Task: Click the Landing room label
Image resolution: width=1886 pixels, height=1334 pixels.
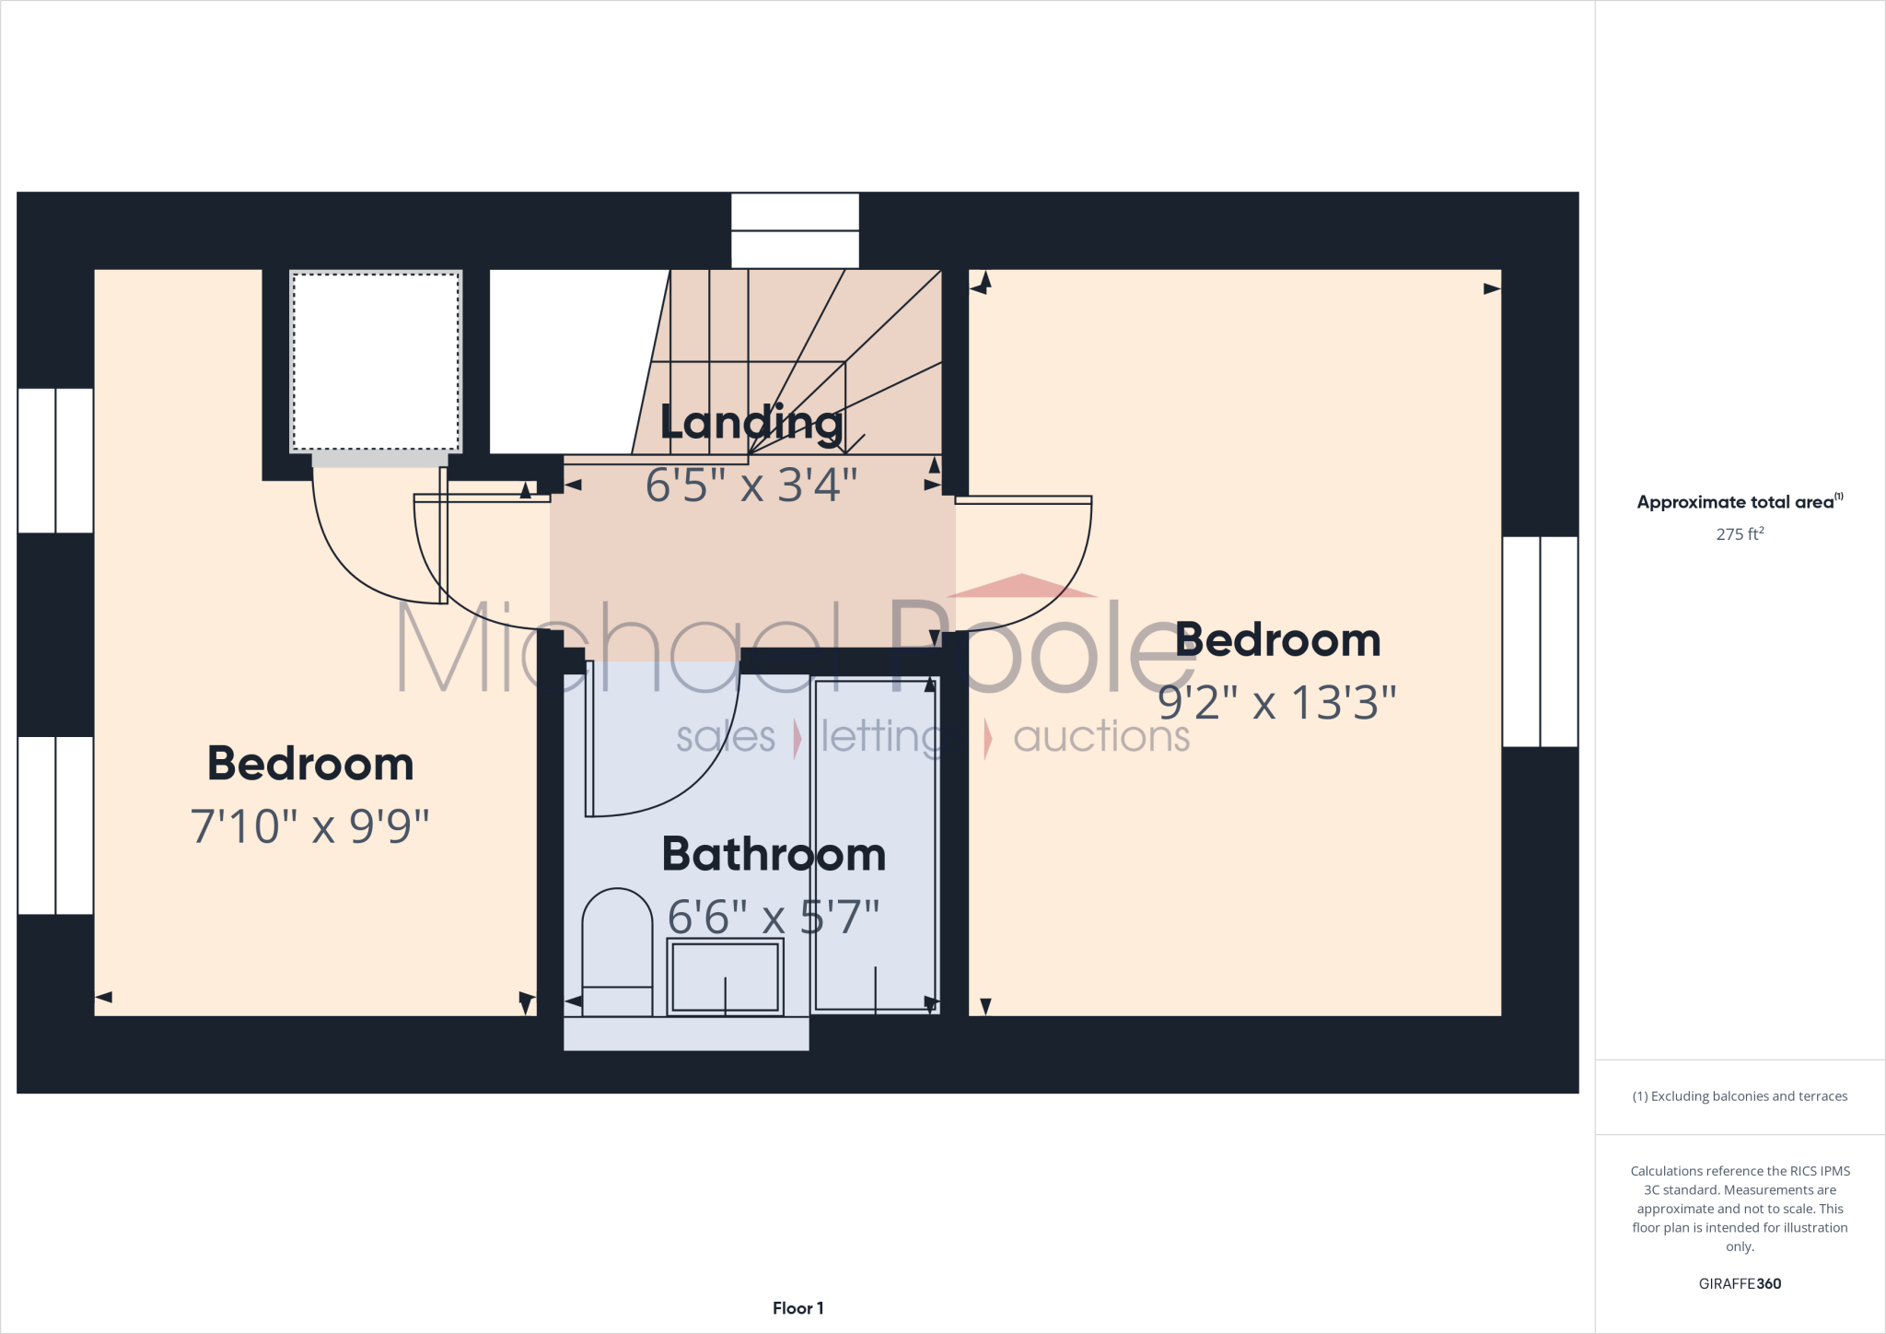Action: click(751, 423)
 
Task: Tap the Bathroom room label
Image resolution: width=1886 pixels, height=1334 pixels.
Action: click(774, 854)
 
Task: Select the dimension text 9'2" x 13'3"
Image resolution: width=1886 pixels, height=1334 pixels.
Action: click(1276, 703)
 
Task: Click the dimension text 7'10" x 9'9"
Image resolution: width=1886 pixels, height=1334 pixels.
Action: click(310, 826)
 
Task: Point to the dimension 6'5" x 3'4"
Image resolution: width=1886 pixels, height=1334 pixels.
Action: click(751, 485)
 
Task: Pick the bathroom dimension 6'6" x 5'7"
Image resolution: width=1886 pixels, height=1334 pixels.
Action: click(774, 917)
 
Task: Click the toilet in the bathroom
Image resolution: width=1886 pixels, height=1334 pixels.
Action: click(617, 949)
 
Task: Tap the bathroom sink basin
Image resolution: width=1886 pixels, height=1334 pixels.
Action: click(726, 977)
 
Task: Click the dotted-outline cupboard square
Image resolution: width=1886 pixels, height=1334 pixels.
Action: click(376, 361)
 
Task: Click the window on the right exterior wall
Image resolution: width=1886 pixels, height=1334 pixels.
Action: click(1540, 641)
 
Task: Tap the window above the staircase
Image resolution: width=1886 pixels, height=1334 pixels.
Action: click(795, 230)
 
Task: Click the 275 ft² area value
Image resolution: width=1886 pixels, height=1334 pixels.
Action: click(1740, 534)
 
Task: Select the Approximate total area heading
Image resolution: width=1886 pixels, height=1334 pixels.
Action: click(1739, 502)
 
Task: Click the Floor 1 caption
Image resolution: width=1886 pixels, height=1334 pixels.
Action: click(797, 1308)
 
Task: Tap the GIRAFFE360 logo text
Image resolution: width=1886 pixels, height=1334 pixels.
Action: click(1740, 1283)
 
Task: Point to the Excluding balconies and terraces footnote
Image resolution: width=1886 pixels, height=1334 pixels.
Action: click(1740, 1096)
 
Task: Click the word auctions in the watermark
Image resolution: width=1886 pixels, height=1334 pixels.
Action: click(1101, 737)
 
